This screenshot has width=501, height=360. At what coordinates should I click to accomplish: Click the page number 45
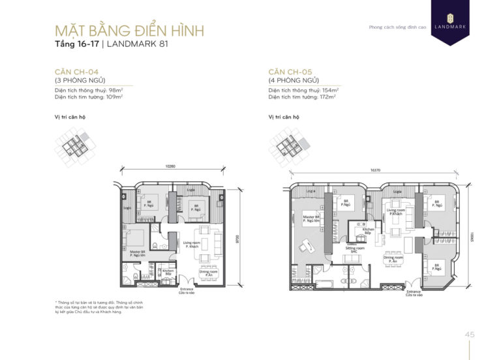pos(470,335)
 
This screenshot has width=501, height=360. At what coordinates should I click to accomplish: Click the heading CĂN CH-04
pos(77,71)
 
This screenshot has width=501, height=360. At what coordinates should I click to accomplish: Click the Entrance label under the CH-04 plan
pos(187,290)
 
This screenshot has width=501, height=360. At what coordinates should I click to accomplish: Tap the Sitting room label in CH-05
pos(355,250)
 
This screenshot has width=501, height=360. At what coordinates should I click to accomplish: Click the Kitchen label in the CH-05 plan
pos(368,231)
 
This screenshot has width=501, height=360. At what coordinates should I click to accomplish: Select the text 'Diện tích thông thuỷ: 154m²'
pos(302,90)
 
